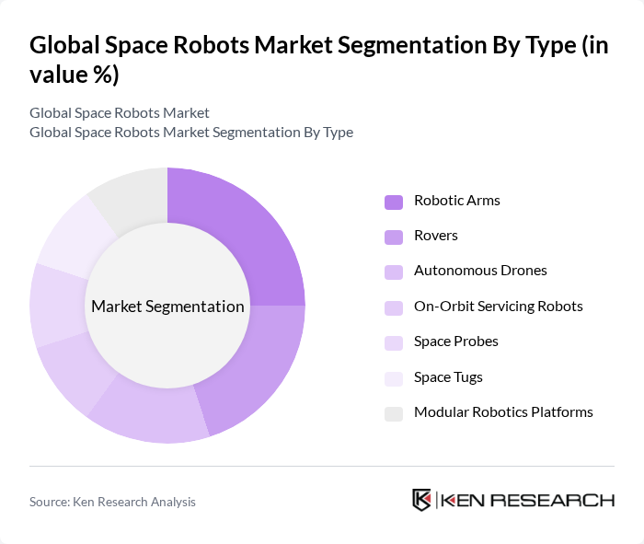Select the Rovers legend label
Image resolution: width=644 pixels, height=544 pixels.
(x=435, y=236)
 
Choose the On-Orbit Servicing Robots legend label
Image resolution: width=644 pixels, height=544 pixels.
(x=498, y=306)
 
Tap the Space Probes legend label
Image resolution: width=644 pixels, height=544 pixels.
(x=455, y=341)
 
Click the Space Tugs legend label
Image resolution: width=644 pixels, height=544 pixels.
(x=448, y=376)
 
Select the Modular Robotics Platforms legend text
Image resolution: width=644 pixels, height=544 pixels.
(x=503, y=411)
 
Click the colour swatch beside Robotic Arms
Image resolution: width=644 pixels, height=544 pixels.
(x=394, y=202)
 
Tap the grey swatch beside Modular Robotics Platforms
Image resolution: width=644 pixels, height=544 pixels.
(x=394, y=413)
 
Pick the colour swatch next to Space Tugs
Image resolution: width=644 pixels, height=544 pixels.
(x=394, y=378)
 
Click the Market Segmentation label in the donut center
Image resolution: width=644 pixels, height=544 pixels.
(x=167, y=307)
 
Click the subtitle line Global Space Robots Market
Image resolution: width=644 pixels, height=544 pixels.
(x=120, y=112)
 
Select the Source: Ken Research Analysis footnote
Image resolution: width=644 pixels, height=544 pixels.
(x=112, y=502)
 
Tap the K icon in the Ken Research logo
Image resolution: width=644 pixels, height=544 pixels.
(x=422, y=500)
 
